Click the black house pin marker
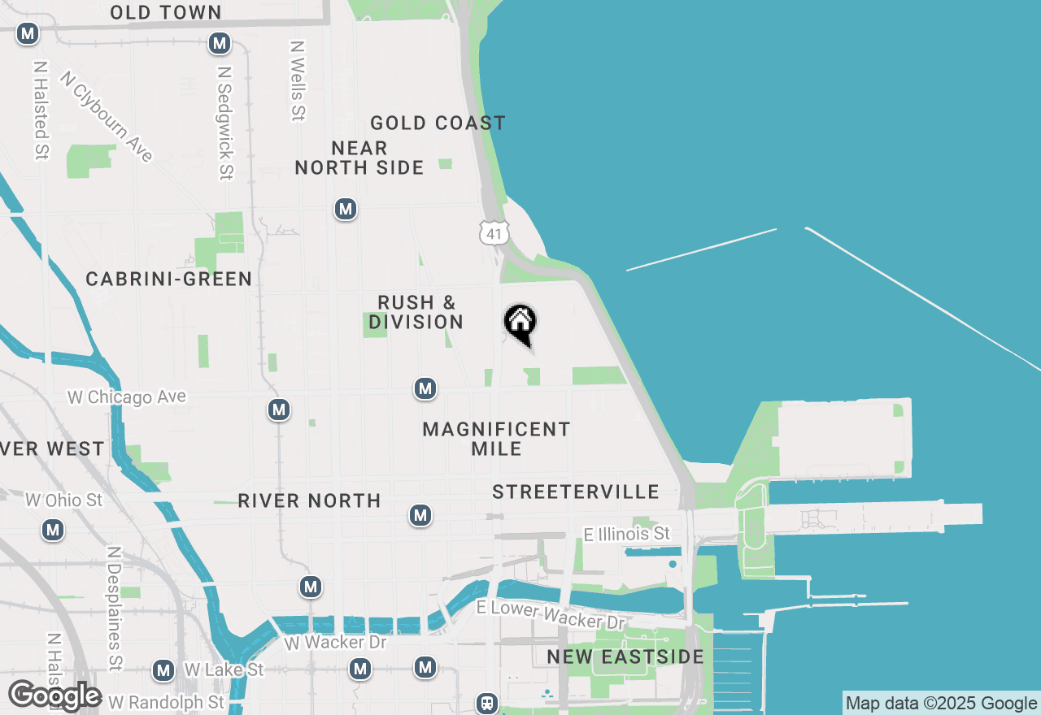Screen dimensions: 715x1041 click(520, 323)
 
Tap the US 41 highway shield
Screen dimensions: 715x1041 click(494, 232)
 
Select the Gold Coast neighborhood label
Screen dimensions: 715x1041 click(438, 123)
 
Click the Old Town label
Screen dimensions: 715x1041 click(166, 12)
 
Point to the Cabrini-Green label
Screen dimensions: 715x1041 click(169, 279)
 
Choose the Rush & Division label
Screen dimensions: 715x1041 click(416, 312)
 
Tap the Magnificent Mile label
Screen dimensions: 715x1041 click(496, 439)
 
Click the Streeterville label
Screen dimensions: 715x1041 click(576, 492)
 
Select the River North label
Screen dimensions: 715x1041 click(309, 500)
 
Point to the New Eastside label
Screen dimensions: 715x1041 click(625, 656)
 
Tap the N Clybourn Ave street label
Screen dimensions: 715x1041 click(107, 116)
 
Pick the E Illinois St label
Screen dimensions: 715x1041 click(627, 534)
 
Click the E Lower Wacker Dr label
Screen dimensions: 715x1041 click(551, 614)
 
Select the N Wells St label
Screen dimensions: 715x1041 click(298, 81)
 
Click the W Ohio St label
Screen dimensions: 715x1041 click(63, 500)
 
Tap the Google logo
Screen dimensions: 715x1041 click(54, 696)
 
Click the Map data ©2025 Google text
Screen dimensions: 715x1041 click(941, 704)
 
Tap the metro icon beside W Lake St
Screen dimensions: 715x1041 click(164, 670)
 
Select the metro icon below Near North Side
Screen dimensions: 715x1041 click(346, 209)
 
